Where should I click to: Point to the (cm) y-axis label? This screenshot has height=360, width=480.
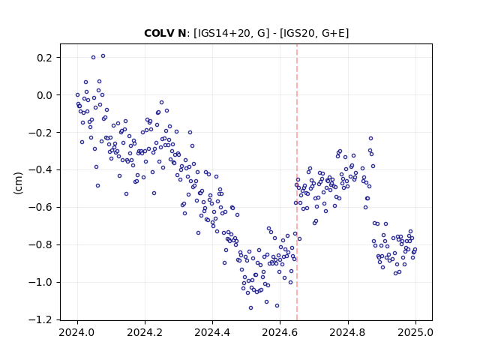coord(18,183)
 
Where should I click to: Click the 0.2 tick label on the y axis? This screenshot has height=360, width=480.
coord(46,58)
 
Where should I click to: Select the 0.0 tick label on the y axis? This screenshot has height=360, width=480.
coord(46,95)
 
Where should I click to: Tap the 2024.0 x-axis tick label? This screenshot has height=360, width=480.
coord(77,332)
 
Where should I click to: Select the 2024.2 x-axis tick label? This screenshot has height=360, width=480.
coord(145,332)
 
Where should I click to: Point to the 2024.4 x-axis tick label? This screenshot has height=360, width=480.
coord(212,332)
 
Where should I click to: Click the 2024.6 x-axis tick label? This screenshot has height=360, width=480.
coord(280,332)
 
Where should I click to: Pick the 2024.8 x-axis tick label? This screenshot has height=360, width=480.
coord(348,332)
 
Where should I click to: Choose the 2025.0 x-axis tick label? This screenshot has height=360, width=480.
coord(415,332)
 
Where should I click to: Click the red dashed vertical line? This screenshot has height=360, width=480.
coord(297,182)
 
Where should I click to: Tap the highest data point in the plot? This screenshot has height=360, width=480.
coord(103,56)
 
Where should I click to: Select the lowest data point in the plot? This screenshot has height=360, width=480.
coord(250,307)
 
